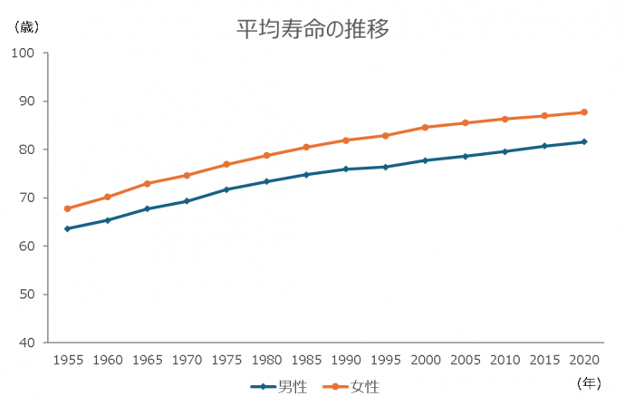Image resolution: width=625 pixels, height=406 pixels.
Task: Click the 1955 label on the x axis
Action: [68, 360]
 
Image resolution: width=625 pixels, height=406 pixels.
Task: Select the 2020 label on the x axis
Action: [584, 360]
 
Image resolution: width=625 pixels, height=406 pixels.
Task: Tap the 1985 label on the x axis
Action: [306, 360]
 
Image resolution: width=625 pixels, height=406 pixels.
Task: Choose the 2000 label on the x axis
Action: [425, 360]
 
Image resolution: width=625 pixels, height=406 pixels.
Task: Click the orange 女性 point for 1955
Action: [68, 208]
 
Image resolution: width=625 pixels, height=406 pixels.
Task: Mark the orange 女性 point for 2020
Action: [584, 112]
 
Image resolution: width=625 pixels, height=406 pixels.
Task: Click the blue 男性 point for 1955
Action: [68, 228]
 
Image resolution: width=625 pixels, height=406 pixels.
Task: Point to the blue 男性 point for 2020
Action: [584, 141]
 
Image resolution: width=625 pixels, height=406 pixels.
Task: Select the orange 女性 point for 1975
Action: [226, 164]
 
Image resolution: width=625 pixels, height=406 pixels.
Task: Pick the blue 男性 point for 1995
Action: [385, 167]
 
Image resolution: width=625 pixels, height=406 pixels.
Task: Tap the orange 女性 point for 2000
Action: [425, 127]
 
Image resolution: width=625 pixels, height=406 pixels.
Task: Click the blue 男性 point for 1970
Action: [187, 201]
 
